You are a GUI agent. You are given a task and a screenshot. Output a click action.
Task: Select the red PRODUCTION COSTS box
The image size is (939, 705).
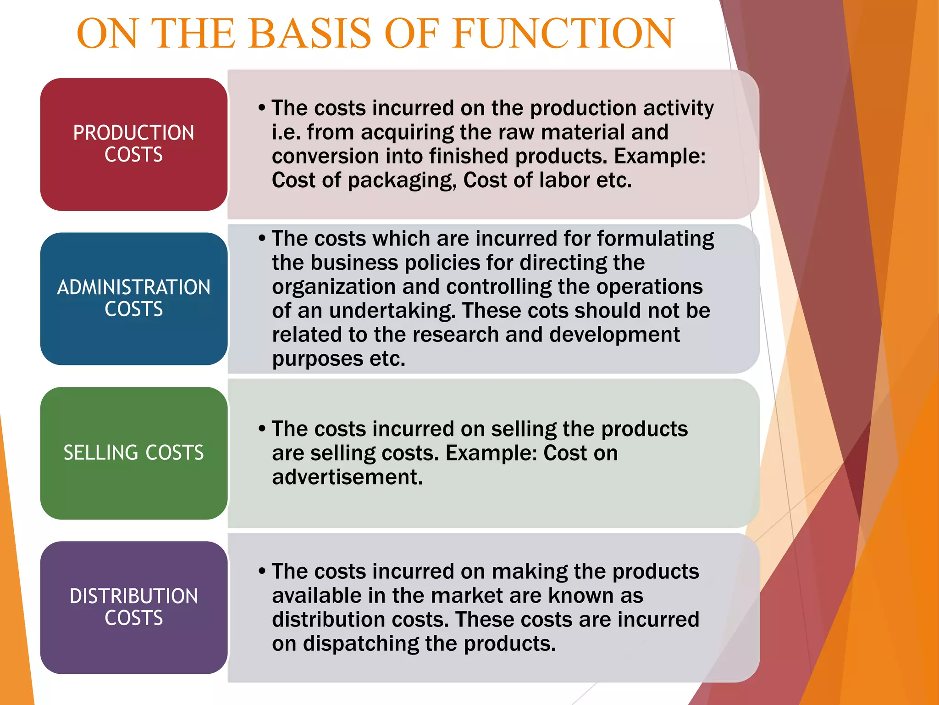coord(133,144)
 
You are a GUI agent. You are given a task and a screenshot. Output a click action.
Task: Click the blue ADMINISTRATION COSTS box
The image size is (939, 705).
coord(133,298)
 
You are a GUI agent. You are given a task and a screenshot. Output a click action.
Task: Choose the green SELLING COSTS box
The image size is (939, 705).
coord(133,453)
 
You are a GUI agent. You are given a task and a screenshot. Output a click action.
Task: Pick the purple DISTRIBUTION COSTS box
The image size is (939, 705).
coord(133,607)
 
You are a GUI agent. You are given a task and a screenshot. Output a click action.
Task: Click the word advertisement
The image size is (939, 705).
coord(347,477)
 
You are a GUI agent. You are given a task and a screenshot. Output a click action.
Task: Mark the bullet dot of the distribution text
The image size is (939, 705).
coord(262,571)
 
